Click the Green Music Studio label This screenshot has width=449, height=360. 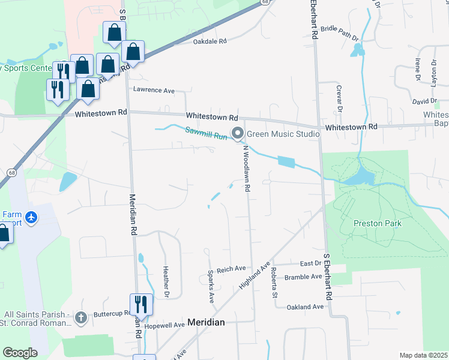[284, 134]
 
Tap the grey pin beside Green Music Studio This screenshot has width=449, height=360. [238, 133]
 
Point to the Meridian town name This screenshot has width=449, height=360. [206, 322]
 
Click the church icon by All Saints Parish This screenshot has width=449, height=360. [82, 317]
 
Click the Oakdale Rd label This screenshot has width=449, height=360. [209, 42]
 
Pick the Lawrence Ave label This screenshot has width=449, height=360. [153, 91]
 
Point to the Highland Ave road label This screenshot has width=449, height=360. [254, 275]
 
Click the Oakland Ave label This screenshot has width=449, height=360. [305, 307]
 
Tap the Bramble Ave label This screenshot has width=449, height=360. [304, 277]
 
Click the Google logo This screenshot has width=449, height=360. [20, 353]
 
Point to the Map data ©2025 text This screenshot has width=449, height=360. [423, 355]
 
